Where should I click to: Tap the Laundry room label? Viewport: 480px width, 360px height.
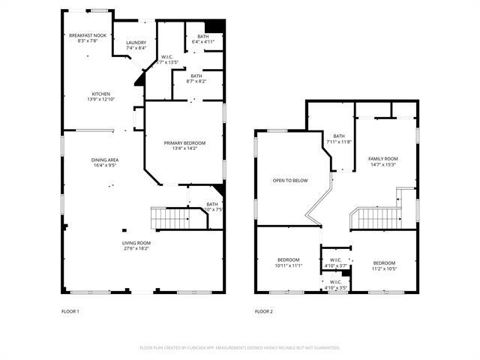click(x=136, y=43)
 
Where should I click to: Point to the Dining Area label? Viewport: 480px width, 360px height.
click(x=105, y=160)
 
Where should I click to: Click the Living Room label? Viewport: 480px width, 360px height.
click(x=136, y=243)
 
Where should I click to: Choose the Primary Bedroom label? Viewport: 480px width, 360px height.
click(x=184, y=142)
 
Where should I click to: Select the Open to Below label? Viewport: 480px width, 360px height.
click(x=289, y=181)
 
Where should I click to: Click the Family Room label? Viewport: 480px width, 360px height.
click(x=382, y=159)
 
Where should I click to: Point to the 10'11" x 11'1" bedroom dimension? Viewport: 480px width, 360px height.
click(x=289, y=265)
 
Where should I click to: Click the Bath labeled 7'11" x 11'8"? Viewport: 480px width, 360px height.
click(x=338, y=142)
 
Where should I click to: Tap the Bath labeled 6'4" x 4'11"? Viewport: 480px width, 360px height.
click(x=203, y=42)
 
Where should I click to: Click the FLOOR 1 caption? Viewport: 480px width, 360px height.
click(x=70, y=311)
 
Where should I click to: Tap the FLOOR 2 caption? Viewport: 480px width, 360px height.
click(x=263, y=311)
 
